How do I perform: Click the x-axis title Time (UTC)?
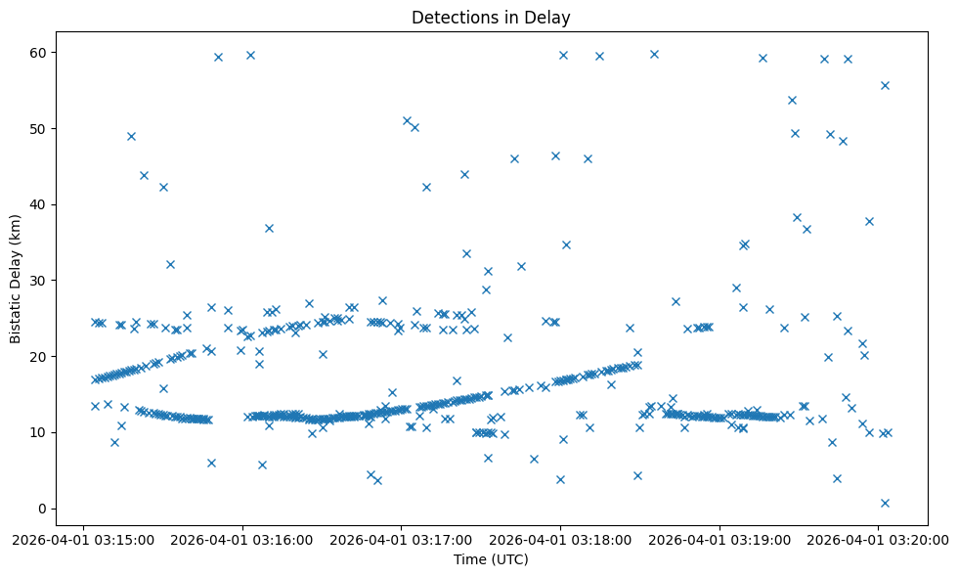point(491,559)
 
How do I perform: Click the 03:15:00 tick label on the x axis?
point(83,539)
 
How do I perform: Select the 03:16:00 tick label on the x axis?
point(242,539)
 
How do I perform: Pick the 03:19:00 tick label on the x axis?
point(719,539)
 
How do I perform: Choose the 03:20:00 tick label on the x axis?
point(878,539)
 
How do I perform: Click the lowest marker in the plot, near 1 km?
point(885,503)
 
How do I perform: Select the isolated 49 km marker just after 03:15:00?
point(131,136)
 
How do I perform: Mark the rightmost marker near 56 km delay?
point(885,85)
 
